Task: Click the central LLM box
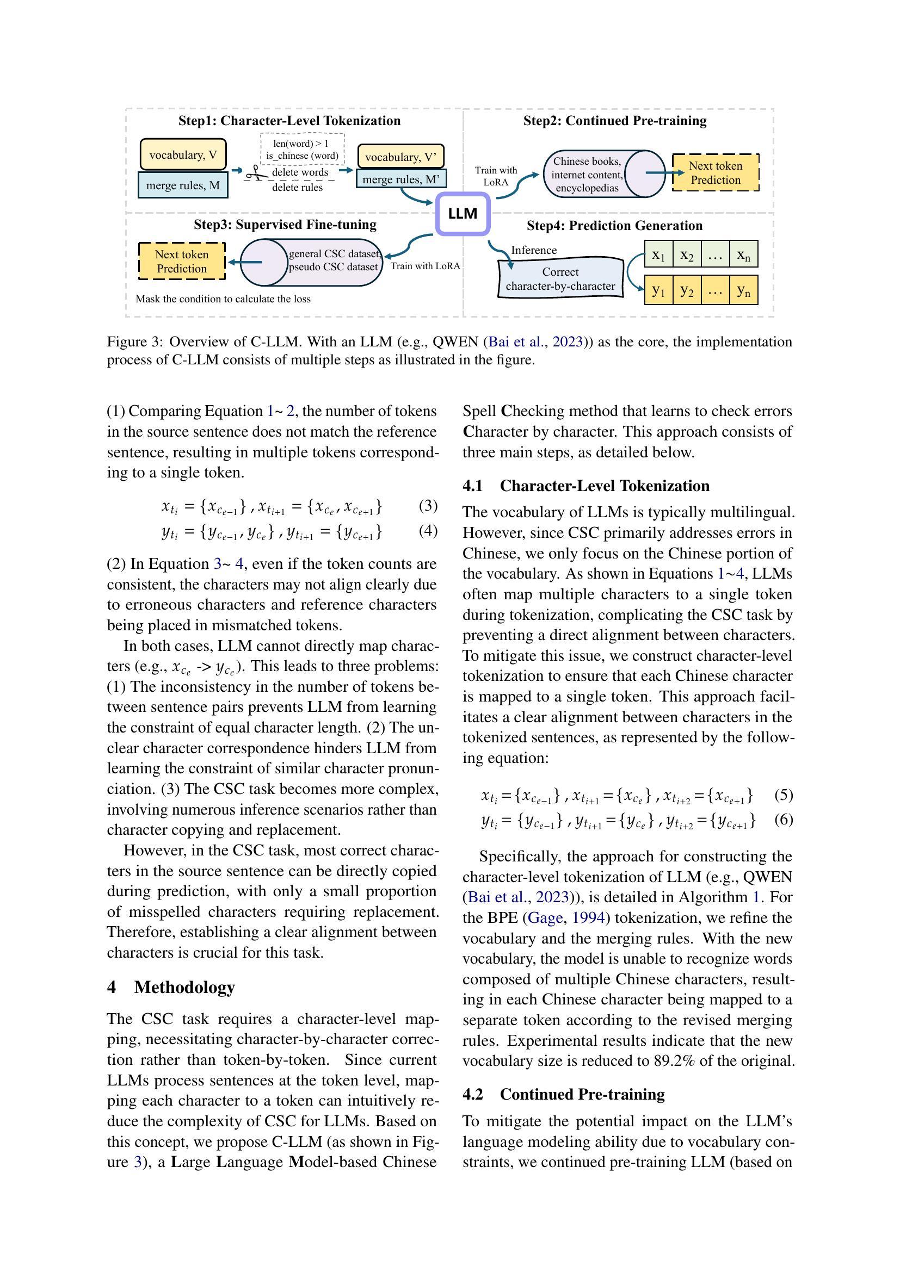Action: tap(463, 214)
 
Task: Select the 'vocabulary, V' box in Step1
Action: tap(183, 154)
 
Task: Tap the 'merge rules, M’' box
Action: tap(400, 179)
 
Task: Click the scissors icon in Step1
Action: tap(254, 173)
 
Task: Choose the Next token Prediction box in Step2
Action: tap(716, 173)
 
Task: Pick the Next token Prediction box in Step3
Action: tap(182, 262)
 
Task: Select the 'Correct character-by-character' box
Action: tap(560, 278)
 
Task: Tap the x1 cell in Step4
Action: tap(658, 255)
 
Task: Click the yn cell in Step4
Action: tap(743, 290)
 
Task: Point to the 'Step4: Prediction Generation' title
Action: tap(614, 226)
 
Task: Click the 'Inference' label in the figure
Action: tap(534, 250)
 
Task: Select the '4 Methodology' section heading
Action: tap(171, 987)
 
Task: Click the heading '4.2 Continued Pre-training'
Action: tap(564, 1094)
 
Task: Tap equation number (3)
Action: tap(428, 505)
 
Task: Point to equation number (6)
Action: tap(783, 820)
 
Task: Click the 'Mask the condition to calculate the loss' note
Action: tap(223, 299)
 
